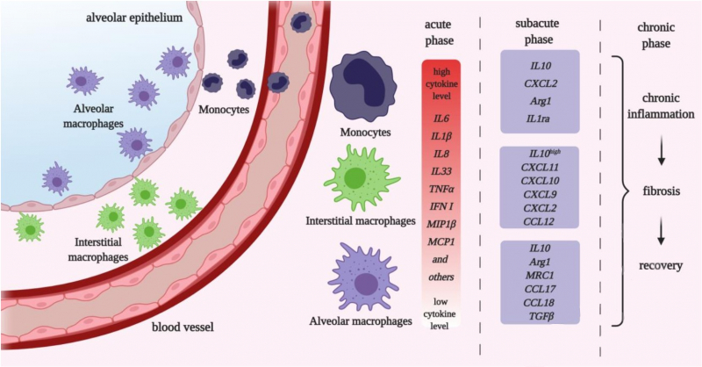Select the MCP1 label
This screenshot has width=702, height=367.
pos(441,241)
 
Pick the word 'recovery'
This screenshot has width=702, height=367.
pos(660,264)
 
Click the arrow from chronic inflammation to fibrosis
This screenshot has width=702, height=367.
pos(660,153)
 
